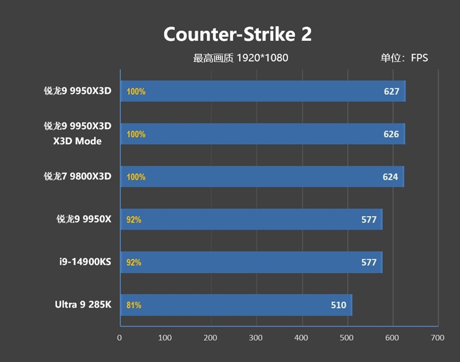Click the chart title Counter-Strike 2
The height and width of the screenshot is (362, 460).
point(237,34)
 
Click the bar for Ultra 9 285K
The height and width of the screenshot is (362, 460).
point(236,305)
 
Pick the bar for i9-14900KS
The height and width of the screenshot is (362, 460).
point(251,262)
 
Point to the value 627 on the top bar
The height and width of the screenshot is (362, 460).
point(392,91)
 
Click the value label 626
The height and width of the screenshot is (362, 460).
point(391,134)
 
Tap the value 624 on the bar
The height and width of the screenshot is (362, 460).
point(390,177)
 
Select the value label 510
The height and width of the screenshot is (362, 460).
point(339,305)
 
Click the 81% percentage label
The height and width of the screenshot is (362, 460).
point(134,305)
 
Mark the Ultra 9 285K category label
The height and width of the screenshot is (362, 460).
point(82,305)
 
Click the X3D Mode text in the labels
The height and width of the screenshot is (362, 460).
point(78,141)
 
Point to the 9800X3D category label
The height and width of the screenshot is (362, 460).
point(78,176)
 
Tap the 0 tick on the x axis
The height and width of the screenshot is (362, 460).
point(120,338)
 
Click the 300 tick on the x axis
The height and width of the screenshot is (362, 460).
point(256,338)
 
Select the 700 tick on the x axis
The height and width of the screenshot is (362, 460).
point(438,338)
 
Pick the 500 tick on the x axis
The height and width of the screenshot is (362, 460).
point(347,338)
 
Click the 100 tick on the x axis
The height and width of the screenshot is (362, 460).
point(165,338)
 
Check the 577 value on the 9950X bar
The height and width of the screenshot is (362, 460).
point(369,219)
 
